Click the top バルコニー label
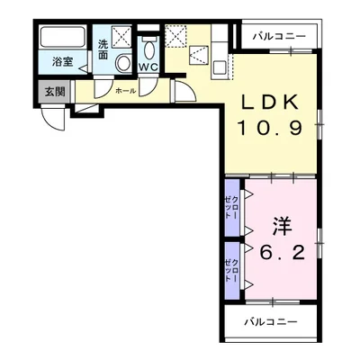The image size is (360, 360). [278, 37]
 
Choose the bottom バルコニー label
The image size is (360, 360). [268, 321]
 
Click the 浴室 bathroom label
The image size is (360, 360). [62, 62]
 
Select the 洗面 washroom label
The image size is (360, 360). [104, 49]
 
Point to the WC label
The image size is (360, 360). [148, 65]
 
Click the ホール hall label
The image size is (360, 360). [125, 90]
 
